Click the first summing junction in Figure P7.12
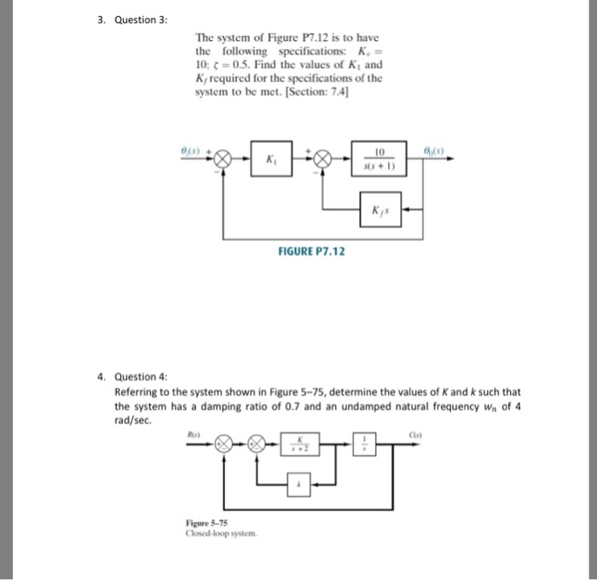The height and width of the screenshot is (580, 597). point(223,159)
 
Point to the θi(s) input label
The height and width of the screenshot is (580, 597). point(192,148)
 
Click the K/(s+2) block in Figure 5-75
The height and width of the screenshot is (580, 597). point(299,444)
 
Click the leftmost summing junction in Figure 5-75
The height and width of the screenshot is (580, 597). point(223,444)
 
